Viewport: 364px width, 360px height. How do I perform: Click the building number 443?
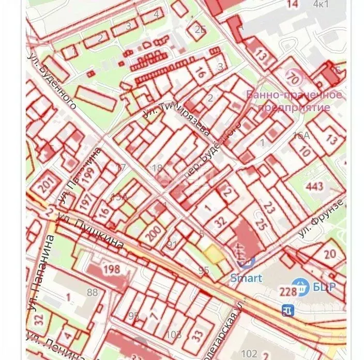(x=315, y=186)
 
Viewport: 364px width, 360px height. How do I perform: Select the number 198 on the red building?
(x=111, y=269)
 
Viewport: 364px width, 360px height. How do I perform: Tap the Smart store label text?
(x=246, y=278)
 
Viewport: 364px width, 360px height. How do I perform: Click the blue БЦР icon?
(x=299, y=285)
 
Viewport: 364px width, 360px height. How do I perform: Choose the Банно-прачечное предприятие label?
(x=294, y=101)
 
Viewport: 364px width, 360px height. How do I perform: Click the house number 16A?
(x=301, y=135)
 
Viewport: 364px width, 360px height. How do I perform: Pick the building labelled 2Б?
(x=200, y=29)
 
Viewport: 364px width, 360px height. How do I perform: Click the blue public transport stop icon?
(x=287, y=310)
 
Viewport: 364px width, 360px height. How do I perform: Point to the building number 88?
(x=92, y=292)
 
